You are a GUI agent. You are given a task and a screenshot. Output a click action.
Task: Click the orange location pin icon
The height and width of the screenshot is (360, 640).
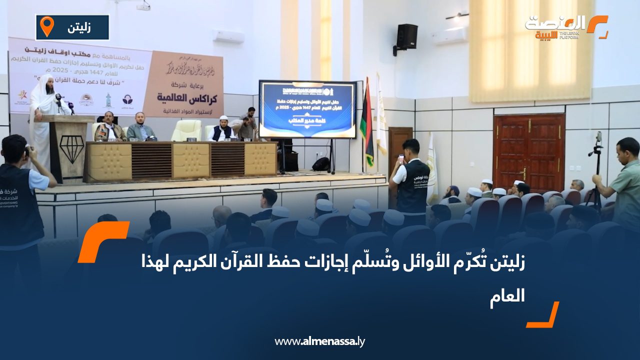pyautogui.click(x=46, y=26)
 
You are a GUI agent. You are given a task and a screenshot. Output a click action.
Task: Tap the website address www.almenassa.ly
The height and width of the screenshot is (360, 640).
pyautogui.click(x=320, y=341)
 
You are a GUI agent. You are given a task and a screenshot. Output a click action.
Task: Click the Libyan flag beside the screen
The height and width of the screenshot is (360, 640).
pyautogui.click(x=367, y=122)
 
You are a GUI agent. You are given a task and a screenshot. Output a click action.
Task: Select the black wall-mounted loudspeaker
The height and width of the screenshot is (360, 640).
pyautogui.click(x=406, y=36)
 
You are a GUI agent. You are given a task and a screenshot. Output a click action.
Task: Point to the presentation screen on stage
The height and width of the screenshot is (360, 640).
pyautogui.click(x=307, y=109)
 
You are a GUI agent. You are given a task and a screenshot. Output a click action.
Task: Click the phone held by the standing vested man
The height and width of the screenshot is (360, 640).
pyautogui.click(x=401, y=159)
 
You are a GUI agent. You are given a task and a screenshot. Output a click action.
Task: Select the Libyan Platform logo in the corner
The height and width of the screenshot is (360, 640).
pyautogui.click(x=566, y=27)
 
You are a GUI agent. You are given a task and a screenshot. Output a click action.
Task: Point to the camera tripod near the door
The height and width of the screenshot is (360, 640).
pyautogui.click(x=596, y=170)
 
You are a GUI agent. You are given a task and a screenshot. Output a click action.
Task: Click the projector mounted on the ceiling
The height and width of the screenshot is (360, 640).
pyautogui.click(x=143, y=6)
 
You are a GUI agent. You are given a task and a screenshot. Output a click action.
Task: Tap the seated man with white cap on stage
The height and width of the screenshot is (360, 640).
pyautogui.click(x=222, y=129)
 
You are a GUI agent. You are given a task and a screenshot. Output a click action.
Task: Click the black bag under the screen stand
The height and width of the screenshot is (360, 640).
pyautogui.click(x=321, y=164)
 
